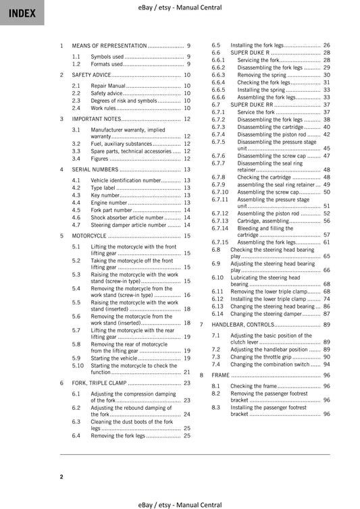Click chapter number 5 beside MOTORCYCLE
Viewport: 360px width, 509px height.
pyautogui.click(x=61, y=236)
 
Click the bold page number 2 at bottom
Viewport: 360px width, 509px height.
pyautogui.click(x=61, y=477)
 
